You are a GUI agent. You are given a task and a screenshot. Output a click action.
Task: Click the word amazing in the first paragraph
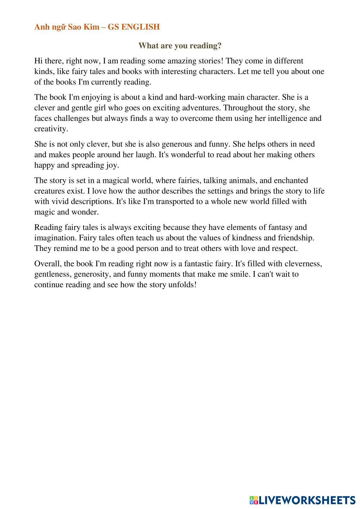point(181,61)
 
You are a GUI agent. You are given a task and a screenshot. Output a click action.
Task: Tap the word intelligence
point(276,118)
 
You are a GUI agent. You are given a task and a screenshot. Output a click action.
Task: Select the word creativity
point(51,129)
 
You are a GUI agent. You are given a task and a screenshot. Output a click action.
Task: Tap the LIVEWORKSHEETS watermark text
point(307,500)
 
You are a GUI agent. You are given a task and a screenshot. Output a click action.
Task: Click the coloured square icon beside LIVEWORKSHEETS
point(253,500)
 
